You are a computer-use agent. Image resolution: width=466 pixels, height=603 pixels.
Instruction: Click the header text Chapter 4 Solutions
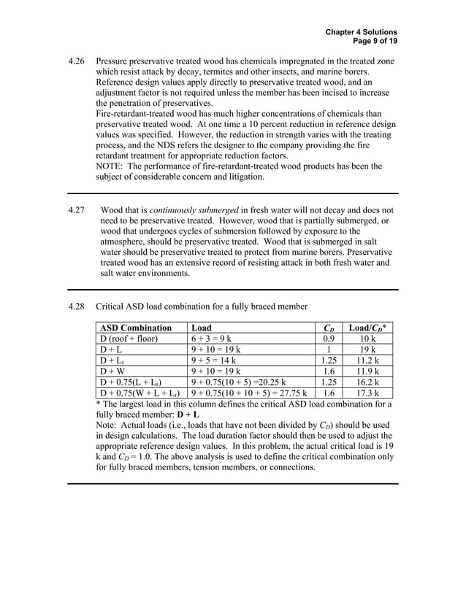(361, 32)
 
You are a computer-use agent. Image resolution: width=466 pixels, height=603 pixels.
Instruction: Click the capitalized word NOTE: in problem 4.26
(110, 166)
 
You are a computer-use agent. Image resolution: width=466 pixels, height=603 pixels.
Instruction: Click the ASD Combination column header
(135, 328)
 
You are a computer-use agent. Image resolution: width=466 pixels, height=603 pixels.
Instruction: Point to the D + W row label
(113, 371)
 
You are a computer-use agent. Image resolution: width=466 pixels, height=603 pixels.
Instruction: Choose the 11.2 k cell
(369, 360)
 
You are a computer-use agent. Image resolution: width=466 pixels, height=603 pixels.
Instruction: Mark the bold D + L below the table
(188, 414)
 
